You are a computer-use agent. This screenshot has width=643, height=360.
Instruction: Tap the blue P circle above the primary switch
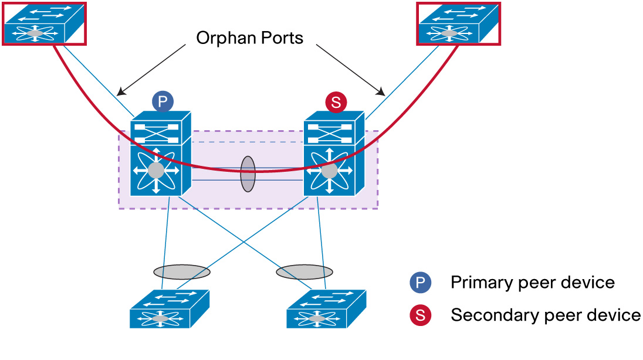(x=163, y=101)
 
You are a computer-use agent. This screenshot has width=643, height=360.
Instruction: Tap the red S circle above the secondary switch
(x=336, y=103)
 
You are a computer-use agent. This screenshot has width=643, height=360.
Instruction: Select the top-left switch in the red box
(x=43, y=23)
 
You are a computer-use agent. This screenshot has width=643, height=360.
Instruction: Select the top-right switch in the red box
(x=458, y=23)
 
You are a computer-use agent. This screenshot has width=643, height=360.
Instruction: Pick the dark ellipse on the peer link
(x=248, y=174)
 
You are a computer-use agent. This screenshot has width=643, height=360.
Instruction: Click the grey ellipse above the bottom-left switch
(x=182, y=271)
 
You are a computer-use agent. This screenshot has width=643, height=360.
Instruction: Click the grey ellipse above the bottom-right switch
(x=304, y=272)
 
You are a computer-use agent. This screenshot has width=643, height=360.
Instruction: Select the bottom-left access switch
(x=169, y=308)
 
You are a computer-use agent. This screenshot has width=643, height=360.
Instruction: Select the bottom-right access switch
(x=326, y=308)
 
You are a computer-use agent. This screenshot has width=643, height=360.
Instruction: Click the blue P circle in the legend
(x=420, y=283)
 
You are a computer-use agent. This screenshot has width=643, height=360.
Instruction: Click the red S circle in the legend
(x=420, y=315)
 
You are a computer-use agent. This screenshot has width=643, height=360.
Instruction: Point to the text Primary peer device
(x=532, y=283)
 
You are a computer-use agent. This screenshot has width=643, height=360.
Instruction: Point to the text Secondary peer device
(x=545, y=315)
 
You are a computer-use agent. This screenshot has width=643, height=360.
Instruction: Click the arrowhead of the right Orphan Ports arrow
(x=382, y=93)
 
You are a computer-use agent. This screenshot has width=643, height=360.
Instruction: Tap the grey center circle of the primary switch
(x=156, y=171)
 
